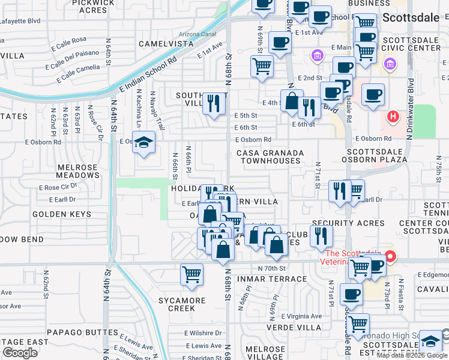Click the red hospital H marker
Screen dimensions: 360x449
(x=393, y=116)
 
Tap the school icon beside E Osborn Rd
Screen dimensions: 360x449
(x=143, y=143)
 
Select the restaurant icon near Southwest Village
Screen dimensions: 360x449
(x=213, y=104)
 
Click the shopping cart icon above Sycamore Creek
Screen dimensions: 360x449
(x=191, y=275)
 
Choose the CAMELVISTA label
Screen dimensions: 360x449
(x=166, y=44)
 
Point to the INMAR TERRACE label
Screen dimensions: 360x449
(x=274, y=279)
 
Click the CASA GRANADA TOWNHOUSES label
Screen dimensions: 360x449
(x=268, y=157)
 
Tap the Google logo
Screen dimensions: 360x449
(x=20, y=353)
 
